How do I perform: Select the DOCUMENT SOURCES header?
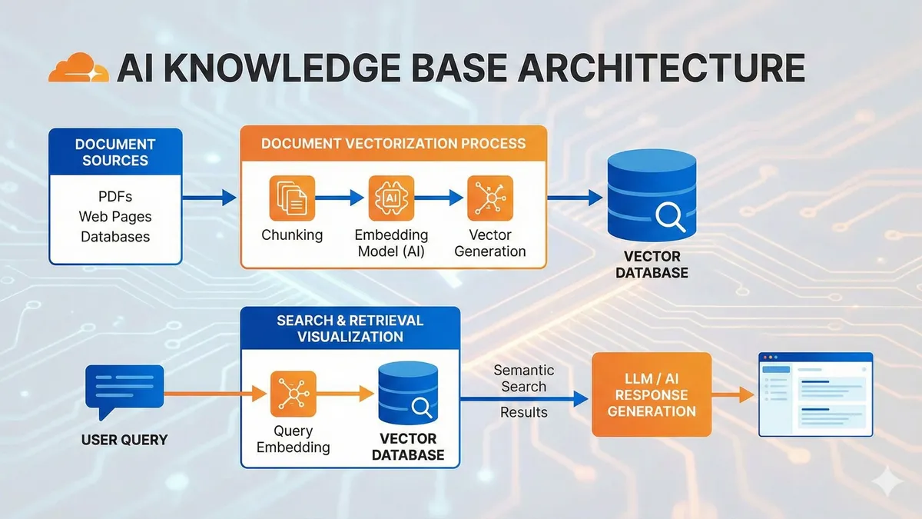115,152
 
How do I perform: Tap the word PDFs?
115,198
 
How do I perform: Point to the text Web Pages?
115,217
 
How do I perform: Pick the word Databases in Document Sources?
115,236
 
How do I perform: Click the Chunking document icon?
292,198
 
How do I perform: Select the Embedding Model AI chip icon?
391,198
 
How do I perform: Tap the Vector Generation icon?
490,198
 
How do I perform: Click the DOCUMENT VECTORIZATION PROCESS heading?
393,144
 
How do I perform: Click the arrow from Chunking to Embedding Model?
341,198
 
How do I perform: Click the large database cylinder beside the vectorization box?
652,195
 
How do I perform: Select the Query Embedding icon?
293,394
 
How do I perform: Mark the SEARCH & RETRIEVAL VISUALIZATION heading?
350,328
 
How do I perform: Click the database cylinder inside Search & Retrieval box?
407,394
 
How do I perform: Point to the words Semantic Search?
524,378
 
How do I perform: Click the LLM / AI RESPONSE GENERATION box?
651,394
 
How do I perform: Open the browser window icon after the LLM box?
816,394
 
